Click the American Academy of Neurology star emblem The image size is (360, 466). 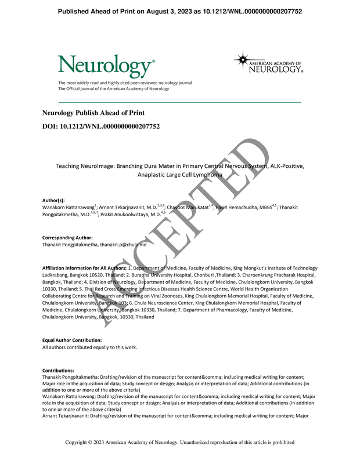242,60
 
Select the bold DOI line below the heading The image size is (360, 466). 101,126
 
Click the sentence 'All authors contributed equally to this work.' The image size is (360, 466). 90,347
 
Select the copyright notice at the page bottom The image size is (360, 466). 180,442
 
